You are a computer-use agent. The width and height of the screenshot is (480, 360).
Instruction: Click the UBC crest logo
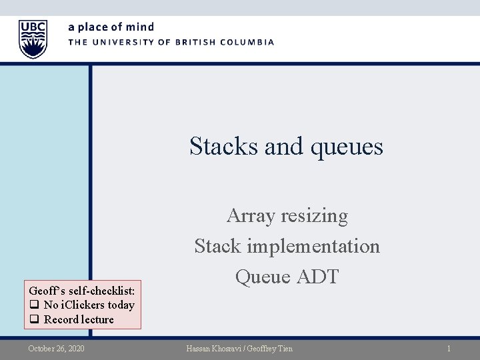(x=33, y=39)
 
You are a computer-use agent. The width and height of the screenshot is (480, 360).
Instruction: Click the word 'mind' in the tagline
(x=140, y=27)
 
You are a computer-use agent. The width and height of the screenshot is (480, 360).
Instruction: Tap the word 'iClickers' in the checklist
(x=83, y=305)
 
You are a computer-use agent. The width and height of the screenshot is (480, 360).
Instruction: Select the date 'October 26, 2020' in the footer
(x=56, y=349)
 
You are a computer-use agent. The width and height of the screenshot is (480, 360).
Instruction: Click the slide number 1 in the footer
(x=449, y=349)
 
